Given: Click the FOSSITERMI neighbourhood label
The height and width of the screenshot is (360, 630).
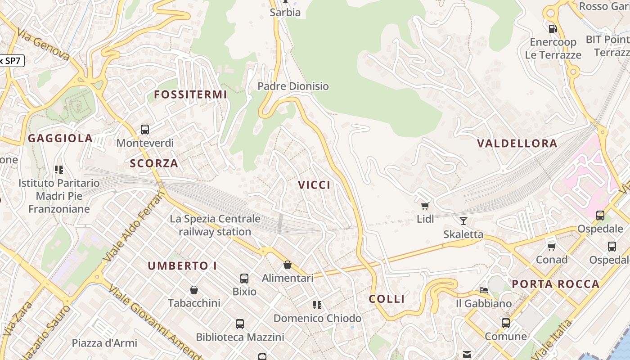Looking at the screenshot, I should (x=190, y=94).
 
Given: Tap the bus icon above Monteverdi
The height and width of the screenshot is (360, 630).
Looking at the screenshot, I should (x=145, y=130).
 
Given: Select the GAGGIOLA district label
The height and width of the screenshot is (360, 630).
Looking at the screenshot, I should (x=60, y=138).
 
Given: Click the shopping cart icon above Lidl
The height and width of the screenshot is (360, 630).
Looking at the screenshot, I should (x=425, y=206).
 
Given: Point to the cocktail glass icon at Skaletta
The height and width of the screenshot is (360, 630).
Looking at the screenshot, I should (x=463, y=220).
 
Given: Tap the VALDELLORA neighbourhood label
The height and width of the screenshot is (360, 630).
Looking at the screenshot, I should (x=517, y=144).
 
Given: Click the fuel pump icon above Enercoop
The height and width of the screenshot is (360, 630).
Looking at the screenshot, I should (x=553, y=28).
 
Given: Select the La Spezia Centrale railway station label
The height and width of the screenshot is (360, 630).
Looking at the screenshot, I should (x=215, y=225).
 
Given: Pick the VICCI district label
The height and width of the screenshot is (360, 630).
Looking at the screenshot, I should (x=314, y=185).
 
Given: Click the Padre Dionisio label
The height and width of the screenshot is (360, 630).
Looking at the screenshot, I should (x=293, y=86).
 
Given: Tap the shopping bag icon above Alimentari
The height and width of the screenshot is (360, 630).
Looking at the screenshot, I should (x=288, y=265).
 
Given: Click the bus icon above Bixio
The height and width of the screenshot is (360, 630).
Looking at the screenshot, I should (x=244, y=278).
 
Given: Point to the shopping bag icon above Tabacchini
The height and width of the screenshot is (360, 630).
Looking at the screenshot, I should (x=194, y=289).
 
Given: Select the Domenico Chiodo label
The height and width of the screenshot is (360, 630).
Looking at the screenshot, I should (x=317, y=318).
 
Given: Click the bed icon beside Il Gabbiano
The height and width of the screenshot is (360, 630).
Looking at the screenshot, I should (x=484, y=290).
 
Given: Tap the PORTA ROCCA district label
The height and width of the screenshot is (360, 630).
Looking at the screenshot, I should (x=556, y=284).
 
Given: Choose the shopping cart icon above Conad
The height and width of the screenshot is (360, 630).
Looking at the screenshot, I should (x=552, y=246).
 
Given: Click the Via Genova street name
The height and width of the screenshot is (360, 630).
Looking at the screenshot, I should (x=44, y=45).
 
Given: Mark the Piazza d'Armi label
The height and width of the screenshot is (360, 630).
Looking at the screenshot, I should (x=104, y=343).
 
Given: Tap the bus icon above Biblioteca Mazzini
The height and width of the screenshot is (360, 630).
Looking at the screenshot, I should (x=240, y=324).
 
